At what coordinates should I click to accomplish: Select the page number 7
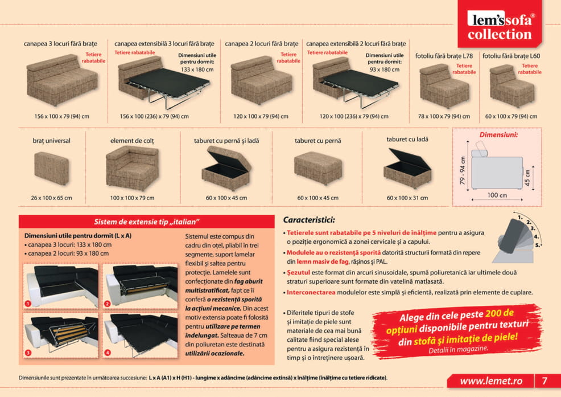click(544, 380)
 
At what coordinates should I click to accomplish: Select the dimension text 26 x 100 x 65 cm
click(52, 198)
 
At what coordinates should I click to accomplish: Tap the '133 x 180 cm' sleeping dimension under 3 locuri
click(197, 69)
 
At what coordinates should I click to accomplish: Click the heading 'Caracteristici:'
click(309, 220)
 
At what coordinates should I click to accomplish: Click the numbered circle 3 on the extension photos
click(27, 353)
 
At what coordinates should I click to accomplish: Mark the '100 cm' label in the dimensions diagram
click(497, 195)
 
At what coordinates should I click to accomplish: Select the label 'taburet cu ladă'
click(407, 140)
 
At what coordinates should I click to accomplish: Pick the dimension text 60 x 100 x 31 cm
click(407, 198)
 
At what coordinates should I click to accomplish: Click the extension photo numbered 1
click(60, 285)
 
